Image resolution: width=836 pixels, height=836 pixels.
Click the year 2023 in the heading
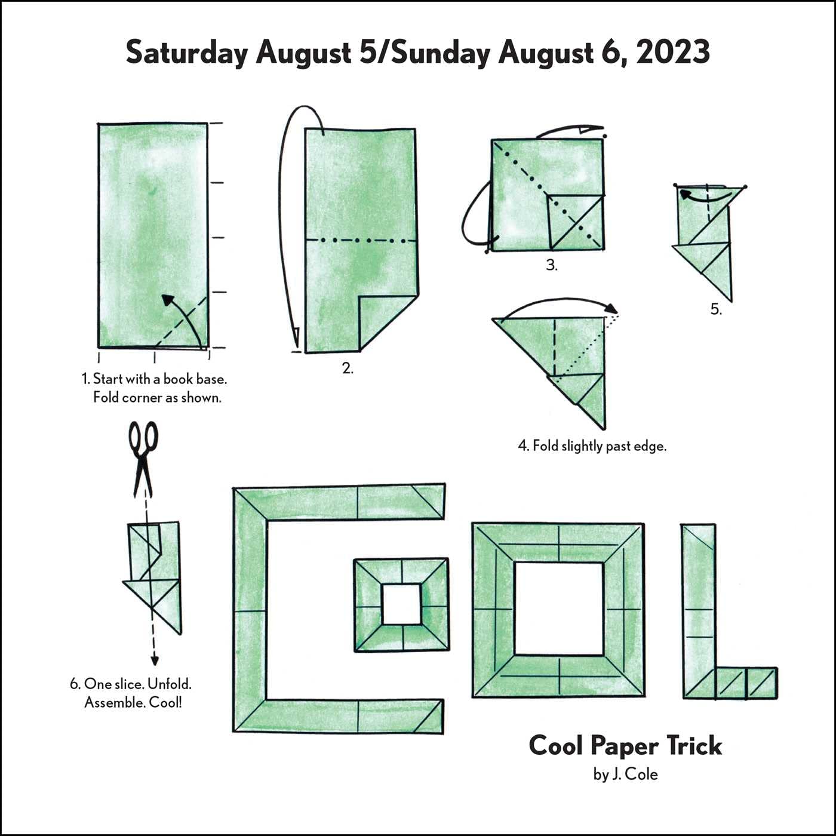click(673, 53)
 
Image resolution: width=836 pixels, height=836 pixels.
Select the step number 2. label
click(348, 368)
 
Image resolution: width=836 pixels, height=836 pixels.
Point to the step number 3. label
click(552, 265)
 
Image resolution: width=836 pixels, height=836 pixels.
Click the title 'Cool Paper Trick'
click(625, 745)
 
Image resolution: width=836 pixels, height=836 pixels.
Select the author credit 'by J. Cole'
click(625, 774)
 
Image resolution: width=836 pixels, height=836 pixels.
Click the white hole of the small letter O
click(401, 604)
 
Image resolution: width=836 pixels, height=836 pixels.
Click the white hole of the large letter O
click(559, 608)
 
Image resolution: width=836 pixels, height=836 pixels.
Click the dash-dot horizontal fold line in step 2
click(361, 241)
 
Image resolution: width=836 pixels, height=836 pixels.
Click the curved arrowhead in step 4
click(611, 309)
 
